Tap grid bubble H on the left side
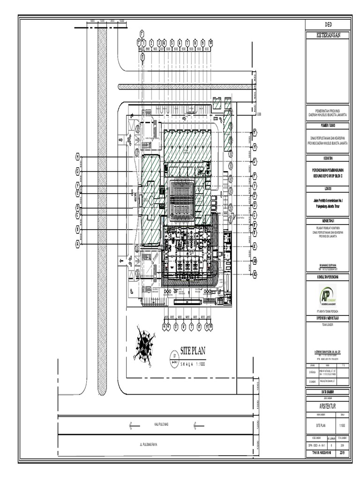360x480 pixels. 78,157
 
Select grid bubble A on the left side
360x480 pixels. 78,243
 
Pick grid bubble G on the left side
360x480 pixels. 78,172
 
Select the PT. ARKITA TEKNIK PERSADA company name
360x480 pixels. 327,311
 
